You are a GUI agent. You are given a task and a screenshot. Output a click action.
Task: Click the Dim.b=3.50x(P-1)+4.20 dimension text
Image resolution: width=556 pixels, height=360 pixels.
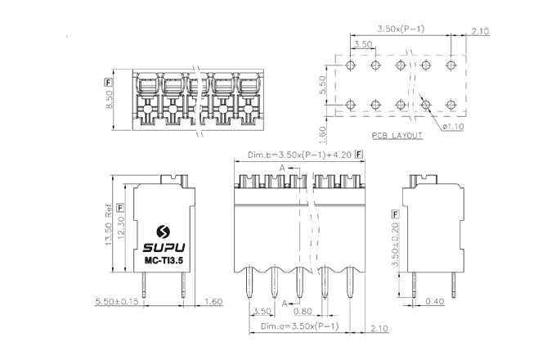tap(298, 155)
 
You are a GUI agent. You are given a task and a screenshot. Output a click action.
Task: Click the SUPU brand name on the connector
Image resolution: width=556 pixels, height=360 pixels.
tap(163, 245)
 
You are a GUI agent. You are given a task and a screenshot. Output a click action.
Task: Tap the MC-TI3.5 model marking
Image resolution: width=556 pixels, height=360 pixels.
tap(163, 261)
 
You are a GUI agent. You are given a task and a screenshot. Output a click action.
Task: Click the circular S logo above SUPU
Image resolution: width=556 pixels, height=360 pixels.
tap(163, 229)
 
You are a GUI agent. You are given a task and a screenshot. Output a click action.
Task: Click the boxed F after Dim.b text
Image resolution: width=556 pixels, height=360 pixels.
tap(358, 154)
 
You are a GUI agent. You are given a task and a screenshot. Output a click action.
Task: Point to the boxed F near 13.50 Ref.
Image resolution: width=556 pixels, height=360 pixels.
tap(119, 206)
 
